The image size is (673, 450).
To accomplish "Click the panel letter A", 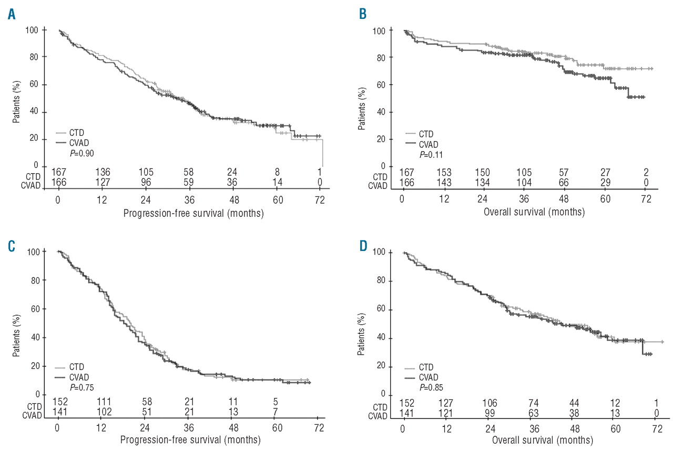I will (11, 15).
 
